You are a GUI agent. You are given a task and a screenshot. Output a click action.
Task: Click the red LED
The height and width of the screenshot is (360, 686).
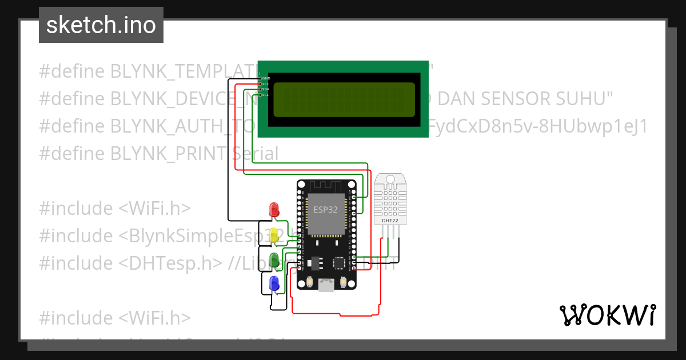[x=274, y=209]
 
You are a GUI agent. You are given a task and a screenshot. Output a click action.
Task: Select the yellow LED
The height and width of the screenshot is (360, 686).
[x=274, y=235]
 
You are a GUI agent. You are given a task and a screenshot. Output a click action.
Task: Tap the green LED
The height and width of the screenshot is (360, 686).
[x=274, y=259]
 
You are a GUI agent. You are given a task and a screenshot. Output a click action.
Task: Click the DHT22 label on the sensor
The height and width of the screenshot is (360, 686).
[x=386, y=220]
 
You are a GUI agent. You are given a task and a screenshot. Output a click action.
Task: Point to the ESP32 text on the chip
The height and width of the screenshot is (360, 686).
[x=325, y=209]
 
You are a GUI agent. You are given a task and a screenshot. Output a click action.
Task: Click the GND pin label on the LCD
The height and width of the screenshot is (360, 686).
[x=266, y=78]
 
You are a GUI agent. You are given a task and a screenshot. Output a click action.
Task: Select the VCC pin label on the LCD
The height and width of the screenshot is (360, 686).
[x=266, y=83]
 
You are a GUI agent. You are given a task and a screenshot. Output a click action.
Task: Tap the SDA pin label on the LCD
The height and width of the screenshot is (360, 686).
[x=266, y=89]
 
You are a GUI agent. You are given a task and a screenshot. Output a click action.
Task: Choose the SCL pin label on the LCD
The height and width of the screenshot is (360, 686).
[x=266, y=94]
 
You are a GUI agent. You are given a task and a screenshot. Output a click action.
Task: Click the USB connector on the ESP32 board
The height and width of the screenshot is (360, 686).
[x=326, y=284]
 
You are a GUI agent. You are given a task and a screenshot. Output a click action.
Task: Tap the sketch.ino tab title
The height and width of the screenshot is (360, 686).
[x=101, y=25]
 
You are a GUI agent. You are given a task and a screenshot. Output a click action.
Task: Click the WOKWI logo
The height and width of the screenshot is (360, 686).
[x=607, y=315]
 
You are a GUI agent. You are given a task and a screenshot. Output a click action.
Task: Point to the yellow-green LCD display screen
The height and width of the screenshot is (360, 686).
[x=344, y=99]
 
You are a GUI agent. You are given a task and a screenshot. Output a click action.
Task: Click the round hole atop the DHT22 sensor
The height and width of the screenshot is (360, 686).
[x=391, y=179]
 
